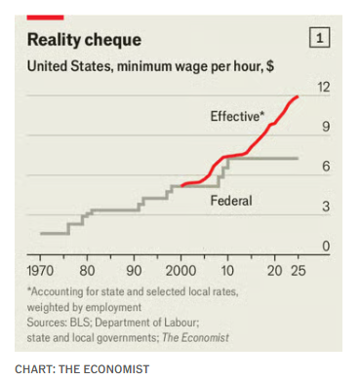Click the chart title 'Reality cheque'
[x=84, y=40]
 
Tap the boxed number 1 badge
[x=319, y=38]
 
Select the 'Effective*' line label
[x=237, y=116]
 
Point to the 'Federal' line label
[x=231, y=201]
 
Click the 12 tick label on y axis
[x=324, y=87]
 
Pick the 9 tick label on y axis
[x=326, y=127]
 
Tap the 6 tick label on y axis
[x=326, y=166]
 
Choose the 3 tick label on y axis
[x=326, y=207]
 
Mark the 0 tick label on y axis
[x=326, y=246]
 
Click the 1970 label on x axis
[x=40, y=271]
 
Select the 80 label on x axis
[x=87, y=271]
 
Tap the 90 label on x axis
[x=134, y=271]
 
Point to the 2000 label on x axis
[x=180, y=271]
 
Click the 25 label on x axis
[x=299, y=271]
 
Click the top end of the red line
[x=298, y=96]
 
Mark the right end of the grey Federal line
[x=298, y=158]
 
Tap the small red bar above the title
[x=45, y=18]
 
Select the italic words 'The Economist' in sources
[x=196, y=338]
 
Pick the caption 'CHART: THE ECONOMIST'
[x=82, y=369]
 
